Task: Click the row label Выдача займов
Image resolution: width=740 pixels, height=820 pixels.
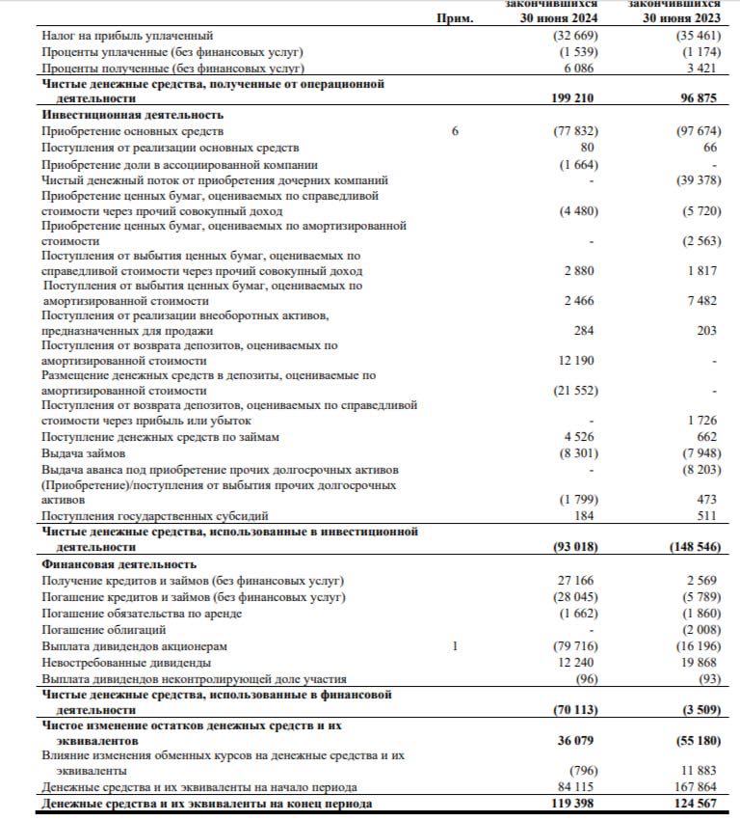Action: tap(83, 453)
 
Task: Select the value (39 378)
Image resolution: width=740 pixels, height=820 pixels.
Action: tap(696, 179)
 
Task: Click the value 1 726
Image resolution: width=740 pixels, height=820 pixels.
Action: tap(701, 421)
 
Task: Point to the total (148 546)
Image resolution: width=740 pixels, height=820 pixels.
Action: tap(694, 547)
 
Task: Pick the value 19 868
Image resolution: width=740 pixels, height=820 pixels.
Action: tap(698, 662)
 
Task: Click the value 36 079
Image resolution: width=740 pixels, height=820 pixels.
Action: tap(576, 742)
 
